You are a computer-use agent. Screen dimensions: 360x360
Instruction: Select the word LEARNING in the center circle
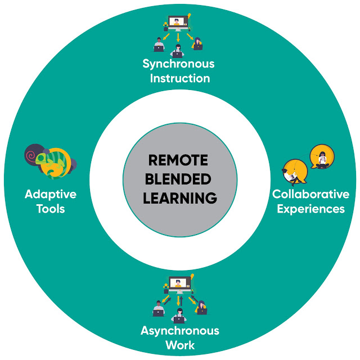click(x=179, y=198)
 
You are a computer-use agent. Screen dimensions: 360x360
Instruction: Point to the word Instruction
click(x=180, y=78)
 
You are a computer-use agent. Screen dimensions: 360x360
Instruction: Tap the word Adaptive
click(x=51, y=195)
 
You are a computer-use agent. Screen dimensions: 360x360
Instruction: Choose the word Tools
click(x=51, y=209)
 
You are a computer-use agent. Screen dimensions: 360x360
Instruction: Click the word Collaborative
click(x=310, y=195)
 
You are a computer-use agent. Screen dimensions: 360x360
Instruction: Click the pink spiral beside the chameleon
click(x=33, y=153)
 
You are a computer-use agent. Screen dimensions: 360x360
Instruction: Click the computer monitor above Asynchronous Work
click(x=178, y=284)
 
